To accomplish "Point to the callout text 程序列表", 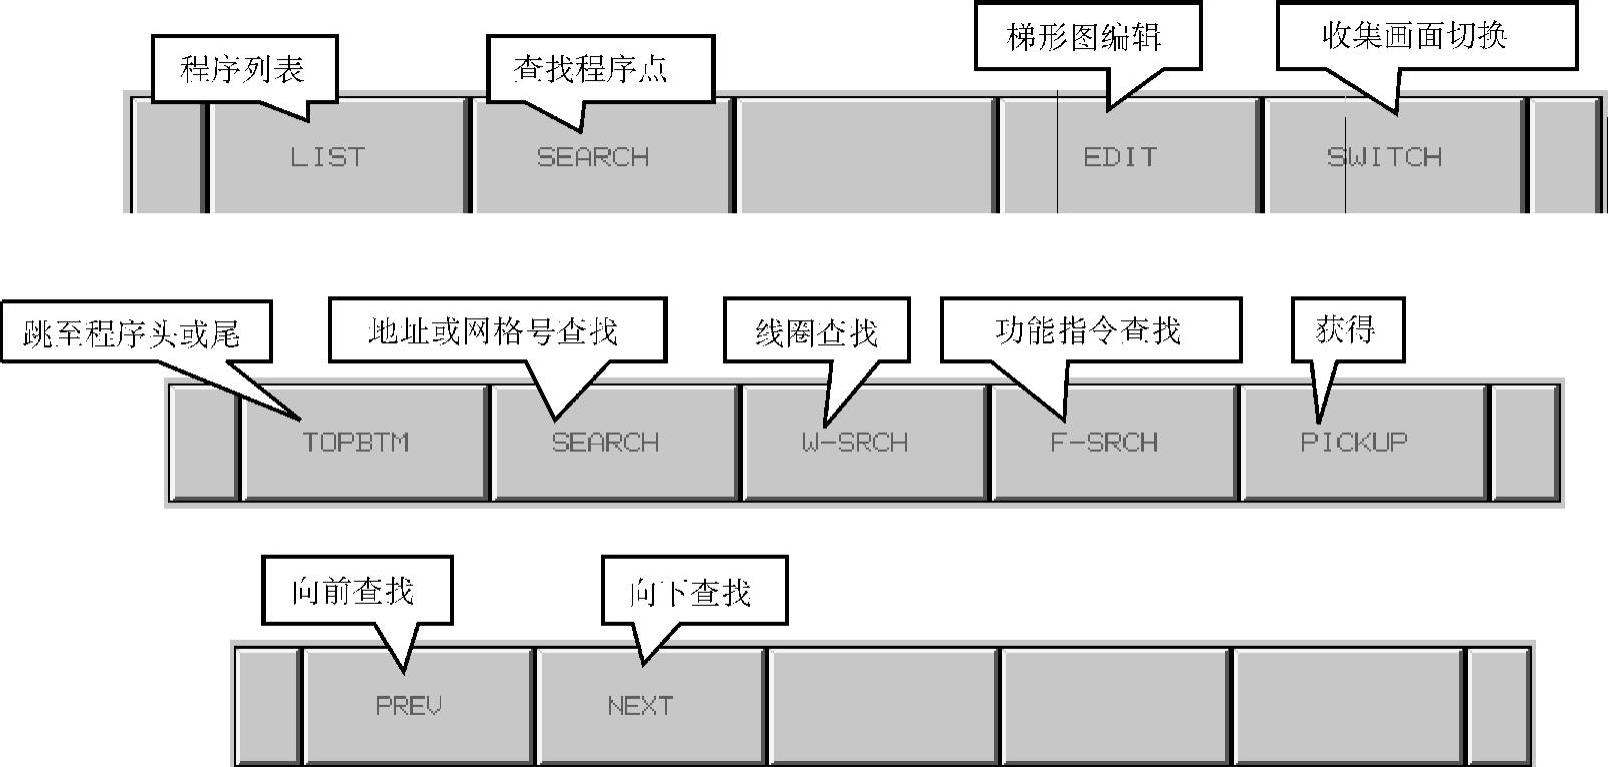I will [x=242, y=69].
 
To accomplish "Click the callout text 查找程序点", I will [x=591, y=69].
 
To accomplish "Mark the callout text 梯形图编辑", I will [x=1084, y=38].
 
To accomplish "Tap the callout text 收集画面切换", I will [x=1414, y=36].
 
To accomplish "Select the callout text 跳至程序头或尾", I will [x=132, y=334].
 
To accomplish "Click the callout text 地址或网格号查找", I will [x=493, y=331].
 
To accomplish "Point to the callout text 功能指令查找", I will [x=1088, y=330].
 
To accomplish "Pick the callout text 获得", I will [x=1346, y=329].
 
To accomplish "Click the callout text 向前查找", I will [x=353, y=591].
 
